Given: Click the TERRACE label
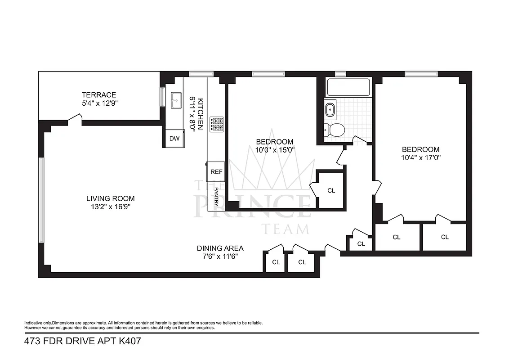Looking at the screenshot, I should click(98, 95).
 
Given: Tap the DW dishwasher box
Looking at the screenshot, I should click(174, 139).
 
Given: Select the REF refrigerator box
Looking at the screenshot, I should click(216, 171).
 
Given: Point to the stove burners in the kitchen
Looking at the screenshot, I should click(217, 124).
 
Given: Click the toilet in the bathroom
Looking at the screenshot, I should click(335, 130).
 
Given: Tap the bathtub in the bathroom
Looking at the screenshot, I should click(348, 87).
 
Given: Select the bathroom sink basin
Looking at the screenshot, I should click(330, 109).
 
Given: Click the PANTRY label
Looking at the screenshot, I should click(216, 197).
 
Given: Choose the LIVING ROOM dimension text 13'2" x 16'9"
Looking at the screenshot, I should click(110, 207).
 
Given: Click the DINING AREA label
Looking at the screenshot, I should click(220, 248).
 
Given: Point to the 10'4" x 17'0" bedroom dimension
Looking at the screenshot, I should click(420, 158).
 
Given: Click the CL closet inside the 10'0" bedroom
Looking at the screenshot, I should click(331, 190).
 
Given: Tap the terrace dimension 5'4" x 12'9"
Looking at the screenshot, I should click(98, 103).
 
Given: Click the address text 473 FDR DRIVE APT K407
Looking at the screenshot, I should click(83, 341).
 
